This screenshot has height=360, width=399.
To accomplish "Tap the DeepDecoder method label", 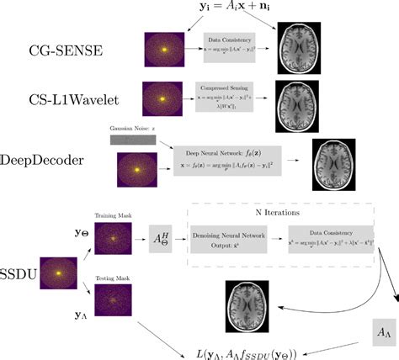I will point(46,161).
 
